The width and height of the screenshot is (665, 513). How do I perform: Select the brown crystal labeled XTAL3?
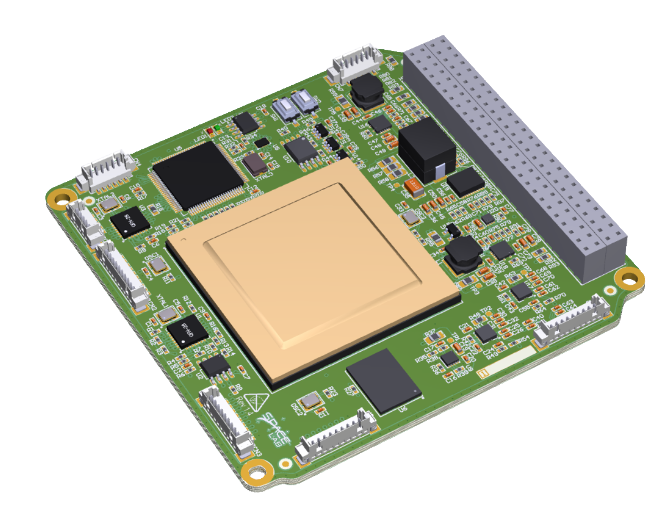click(x=253, y=165)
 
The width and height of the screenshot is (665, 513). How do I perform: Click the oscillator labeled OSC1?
click(x=159, y=266)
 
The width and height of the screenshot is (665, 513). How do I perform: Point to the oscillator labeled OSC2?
click(x=308, y=401)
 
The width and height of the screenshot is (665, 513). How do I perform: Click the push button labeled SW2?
click(x=303, y=102)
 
